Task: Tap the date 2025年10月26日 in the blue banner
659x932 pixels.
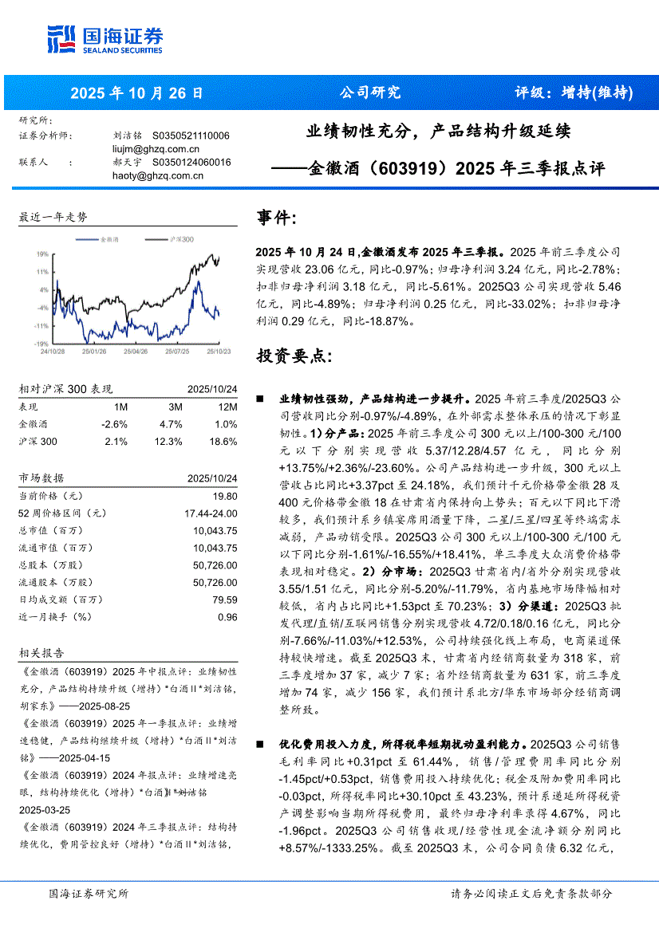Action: tap(136, 92)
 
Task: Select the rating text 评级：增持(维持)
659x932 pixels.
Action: tap(574, 92)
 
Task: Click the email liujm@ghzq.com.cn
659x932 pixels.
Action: tap(156, 148)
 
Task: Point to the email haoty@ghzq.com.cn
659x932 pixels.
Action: tap(157, 175)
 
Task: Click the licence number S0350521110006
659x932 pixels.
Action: tap(191, 136)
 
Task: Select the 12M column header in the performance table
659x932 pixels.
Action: tap(227, 406)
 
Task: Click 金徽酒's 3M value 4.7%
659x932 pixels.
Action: tap(171, 423)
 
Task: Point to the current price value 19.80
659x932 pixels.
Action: tap(225, 495)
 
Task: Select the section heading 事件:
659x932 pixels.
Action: tap(277, 218)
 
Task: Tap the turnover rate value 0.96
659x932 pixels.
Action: tap(227, 617)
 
